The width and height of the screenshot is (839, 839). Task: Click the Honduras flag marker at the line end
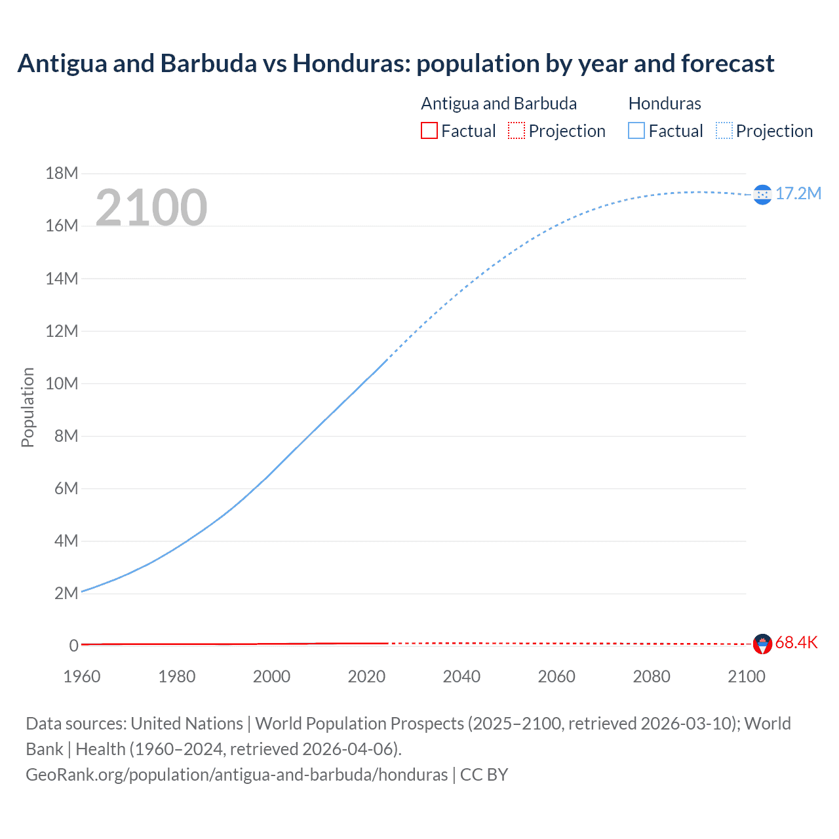pos(762,195)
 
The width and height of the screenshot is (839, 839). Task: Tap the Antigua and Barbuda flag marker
pos(762,644)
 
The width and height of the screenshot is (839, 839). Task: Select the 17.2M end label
pos(798,193)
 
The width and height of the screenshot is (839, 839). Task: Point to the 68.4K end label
pos(796,642)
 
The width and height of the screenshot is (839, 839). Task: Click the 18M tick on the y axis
pos(62,174)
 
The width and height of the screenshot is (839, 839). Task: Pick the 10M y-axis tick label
pos(62,383)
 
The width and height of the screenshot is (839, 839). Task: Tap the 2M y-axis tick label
pos(66,593)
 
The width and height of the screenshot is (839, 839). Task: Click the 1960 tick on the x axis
pos(82,676)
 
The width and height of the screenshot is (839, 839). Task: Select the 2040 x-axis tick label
pos(461,676)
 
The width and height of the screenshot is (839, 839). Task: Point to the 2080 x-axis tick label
pos(652,676)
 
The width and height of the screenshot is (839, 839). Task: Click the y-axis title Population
pos(28,407)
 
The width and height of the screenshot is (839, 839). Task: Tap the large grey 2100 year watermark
pos(151,208)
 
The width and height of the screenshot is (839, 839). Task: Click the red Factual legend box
pos(429,131)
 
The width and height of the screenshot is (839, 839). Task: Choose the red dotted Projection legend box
pos(517,131)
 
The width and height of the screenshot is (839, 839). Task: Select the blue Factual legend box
pos(636,131)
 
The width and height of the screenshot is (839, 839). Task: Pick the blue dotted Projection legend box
pos(724,131)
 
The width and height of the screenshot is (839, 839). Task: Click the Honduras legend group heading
pos(665,104)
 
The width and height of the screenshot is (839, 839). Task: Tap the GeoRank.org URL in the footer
pos(237,775)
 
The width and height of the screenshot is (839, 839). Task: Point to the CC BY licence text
pos(484,775)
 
